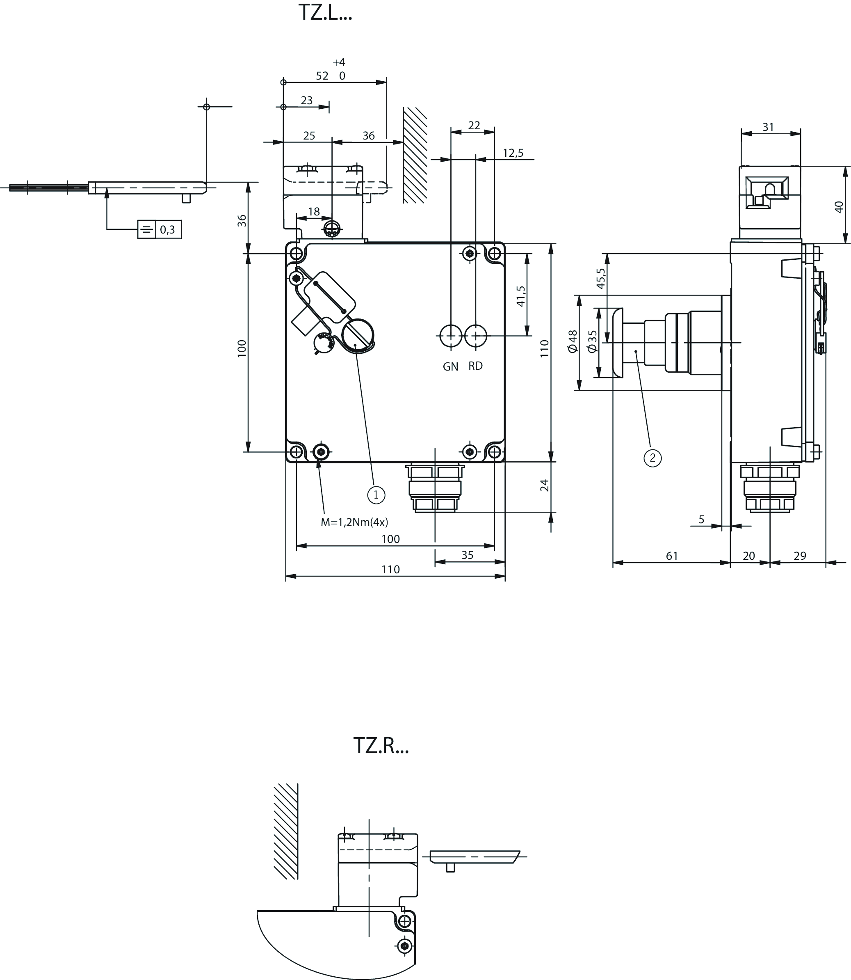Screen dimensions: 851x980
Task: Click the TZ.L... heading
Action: point(325,12)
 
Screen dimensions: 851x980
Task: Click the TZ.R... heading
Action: point(381,746)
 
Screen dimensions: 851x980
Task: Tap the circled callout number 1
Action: point(376,495)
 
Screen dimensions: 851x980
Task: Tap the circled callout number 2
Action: point(653,458)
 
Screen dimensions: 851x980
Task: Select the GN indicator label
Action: point(451,366)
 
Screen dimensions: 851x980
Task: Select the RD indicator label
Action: point(475,366)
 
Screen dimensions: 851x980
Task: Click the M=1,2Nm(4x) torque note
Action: point(354,522)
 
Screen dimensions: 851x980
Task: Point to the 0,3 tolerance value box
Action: point(168,229)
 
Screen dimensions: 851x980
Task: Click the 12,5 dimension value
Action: point(513,153)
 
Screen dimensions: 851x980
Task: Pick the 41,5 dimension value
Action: point(521,295)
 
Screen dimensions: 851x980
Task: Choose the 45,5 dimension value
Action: point(601,279)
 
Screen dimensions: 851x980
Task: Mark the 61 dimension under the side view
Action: point(672,556)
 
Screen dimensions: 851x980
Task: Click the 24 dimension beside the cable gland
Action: point(544,485)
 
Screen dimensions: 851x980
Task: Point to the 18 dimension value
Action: point(314,211)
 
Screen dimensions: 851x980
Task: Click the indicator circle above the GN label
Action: point(451,336)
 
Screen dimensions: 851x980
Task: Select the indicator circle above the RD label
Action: point(475,336)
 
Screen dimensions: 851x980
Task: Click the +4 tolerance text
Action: point(339,62)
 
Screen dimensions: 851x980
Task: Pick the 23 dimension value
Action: point(307,100)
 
